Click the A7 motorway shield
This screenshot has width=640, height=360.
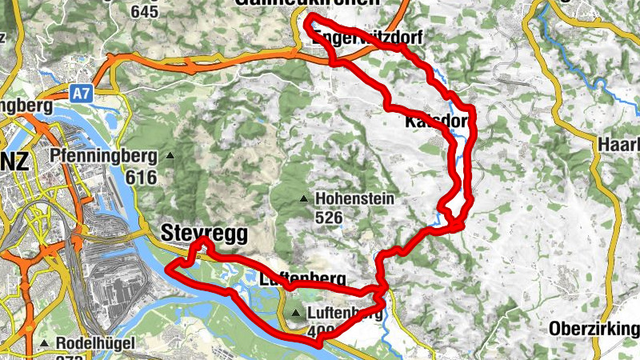(x=80, y=94)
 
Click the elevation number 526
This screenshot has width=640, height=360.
(x=329, y=217)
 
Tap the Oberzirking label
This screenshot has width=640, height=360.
(x=594, y=329)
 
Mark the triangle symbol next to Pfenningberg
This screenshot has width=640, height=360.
(x=170, y=155)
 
